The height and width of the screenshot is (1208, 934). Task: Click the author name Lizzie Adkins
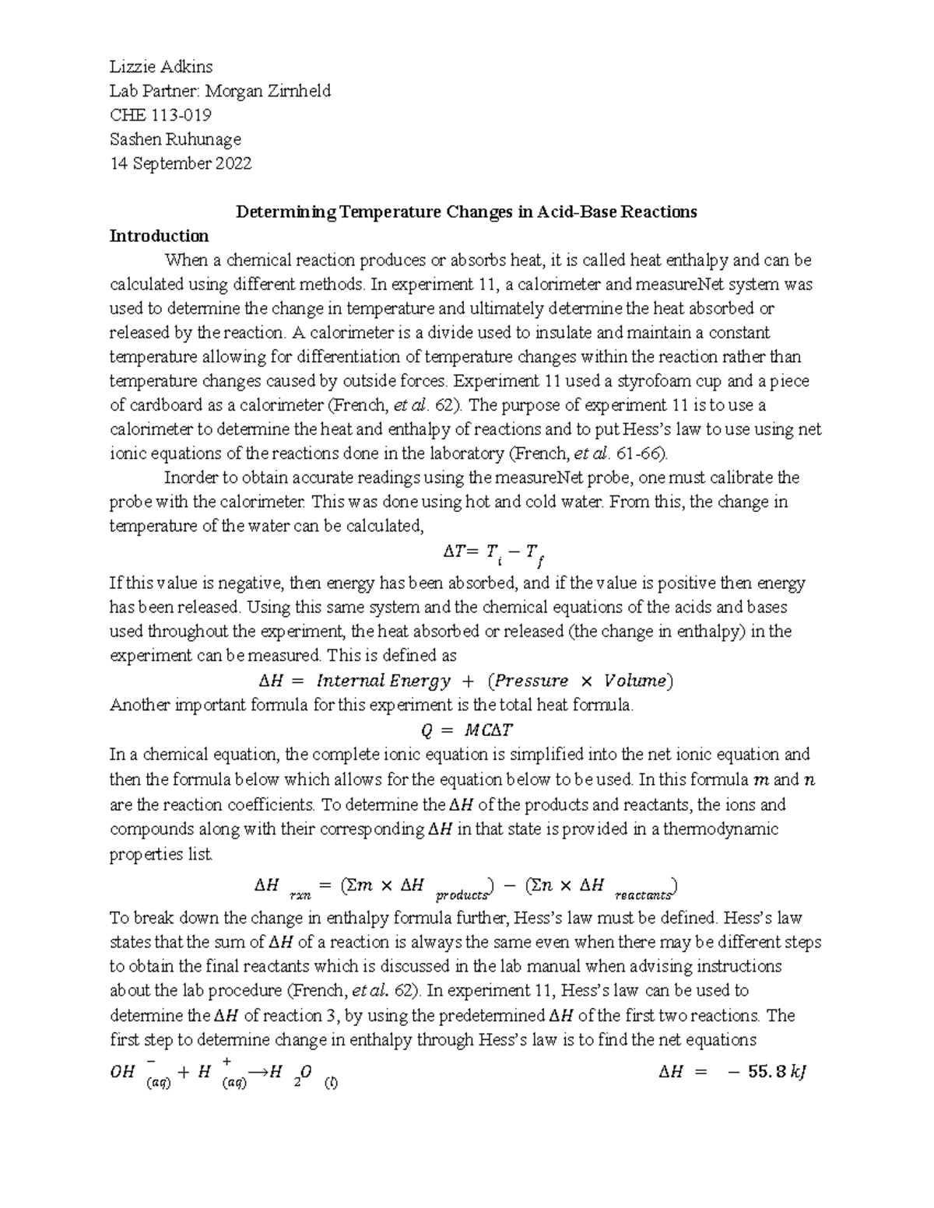[160, 67]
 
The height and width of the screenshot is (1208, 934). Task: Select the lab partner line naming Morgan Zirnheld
[219, 91]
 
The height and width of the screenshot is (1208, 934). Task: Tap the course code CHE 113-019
[160, 115]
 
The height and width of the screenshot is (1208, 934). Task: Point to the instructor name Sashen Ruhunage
[175, 139]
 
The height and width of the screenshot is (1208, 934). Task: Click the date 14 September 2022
[180, 163]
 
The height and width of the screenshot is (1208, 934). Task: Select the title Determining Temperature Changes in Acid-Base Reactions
[466, 212]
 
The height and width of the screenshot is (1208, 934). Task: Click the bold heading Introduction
[159, 236]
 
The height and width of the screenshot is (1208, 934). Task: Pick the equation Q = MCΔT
[466, 730]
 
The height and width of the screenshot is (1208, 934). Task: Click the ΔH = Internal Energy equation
[465, 681]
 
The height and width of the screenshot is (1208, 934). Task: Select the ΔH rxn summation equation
[466, 887]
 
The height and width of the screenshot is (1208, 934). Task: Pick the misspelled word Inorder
[187, 478]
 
